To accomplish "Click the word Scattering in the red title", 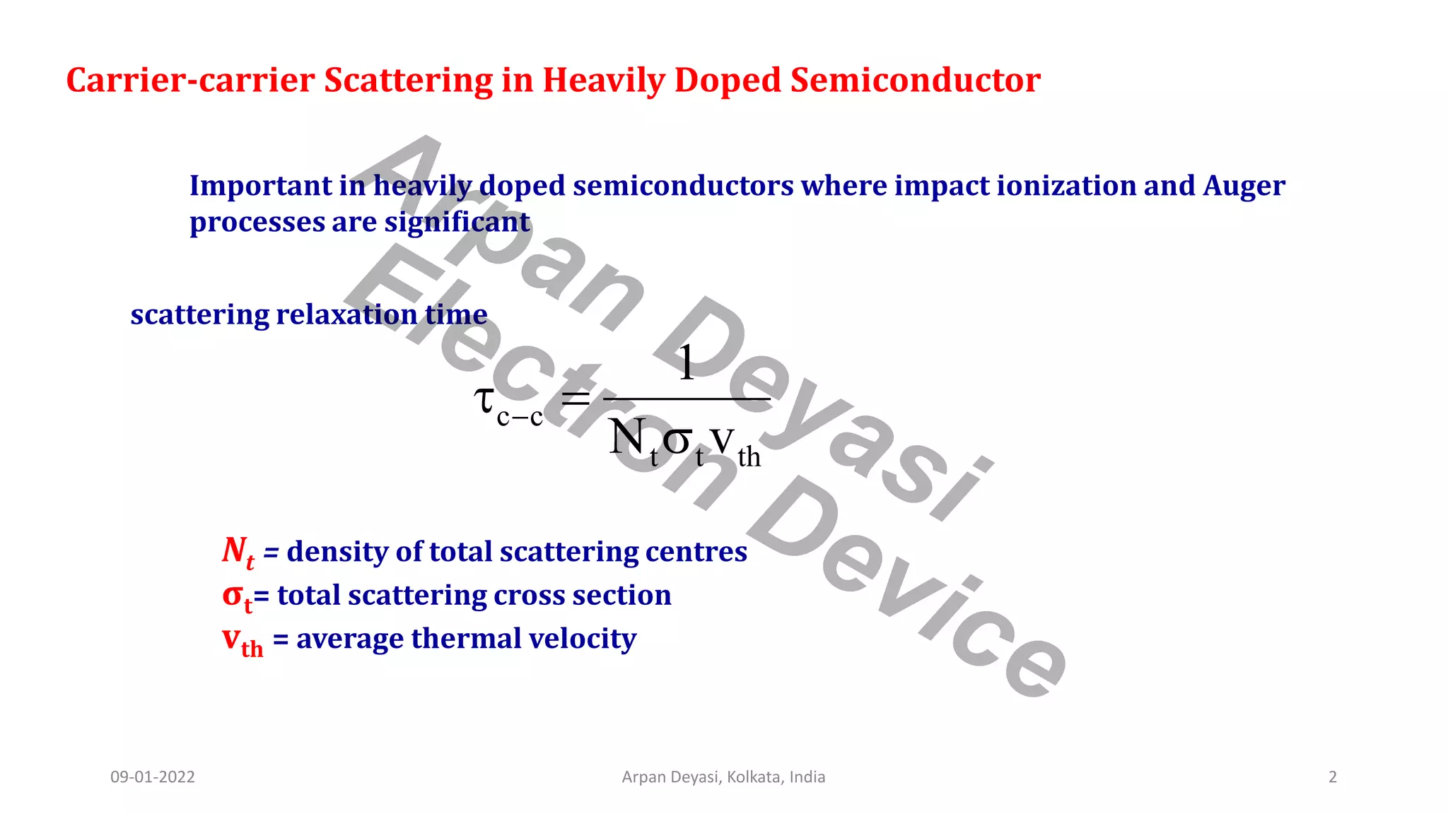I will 408,81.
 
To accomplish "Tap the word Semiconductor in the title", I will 915,81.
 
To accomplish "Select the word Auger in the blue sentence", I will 1244,186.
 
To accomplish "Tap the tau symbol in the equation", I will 484,399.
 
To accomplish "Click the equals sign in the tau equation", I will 575,400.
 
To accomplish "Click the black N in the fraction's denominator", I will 626,437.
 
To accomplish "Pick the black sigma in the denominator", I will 677,440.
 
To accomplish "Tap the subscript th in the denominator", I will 749,457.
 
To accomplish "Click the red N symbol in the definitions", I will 234,550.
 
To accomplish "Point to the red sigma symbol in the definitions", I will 233,595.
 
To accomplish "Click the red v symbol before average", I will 230,638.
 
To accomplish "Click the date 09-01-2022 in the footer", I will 153,777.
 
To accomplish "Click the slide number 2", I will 1333,777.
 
